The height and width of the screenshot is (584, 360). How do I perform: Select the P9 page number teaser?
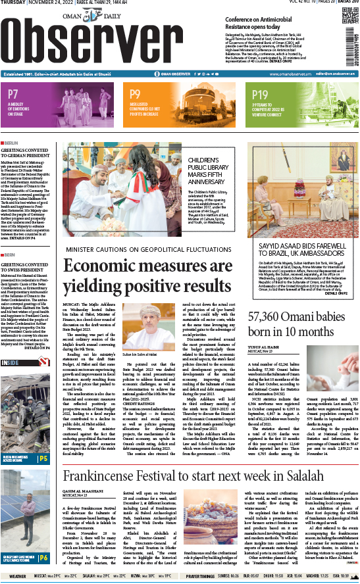click(135, 95)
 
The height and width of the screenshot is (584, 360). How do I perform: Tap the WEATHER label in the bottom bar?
click(18, 576)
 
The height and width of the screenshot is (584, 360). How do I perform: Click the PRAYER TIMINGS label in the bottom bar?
click(200, 576)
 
